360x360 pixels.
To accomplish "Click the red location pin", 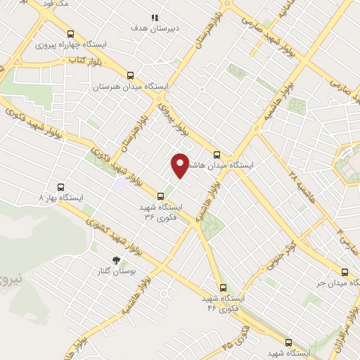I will [x=181, y=166].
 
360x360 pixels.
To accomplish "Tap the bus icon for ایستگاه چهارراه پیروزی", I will [x=70, y=34].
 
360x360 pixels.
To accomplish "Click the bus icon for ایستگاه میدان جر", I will [x=344, y=272].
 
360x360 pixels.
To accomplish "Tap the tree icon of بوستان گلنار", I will [x=117, y=259].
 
